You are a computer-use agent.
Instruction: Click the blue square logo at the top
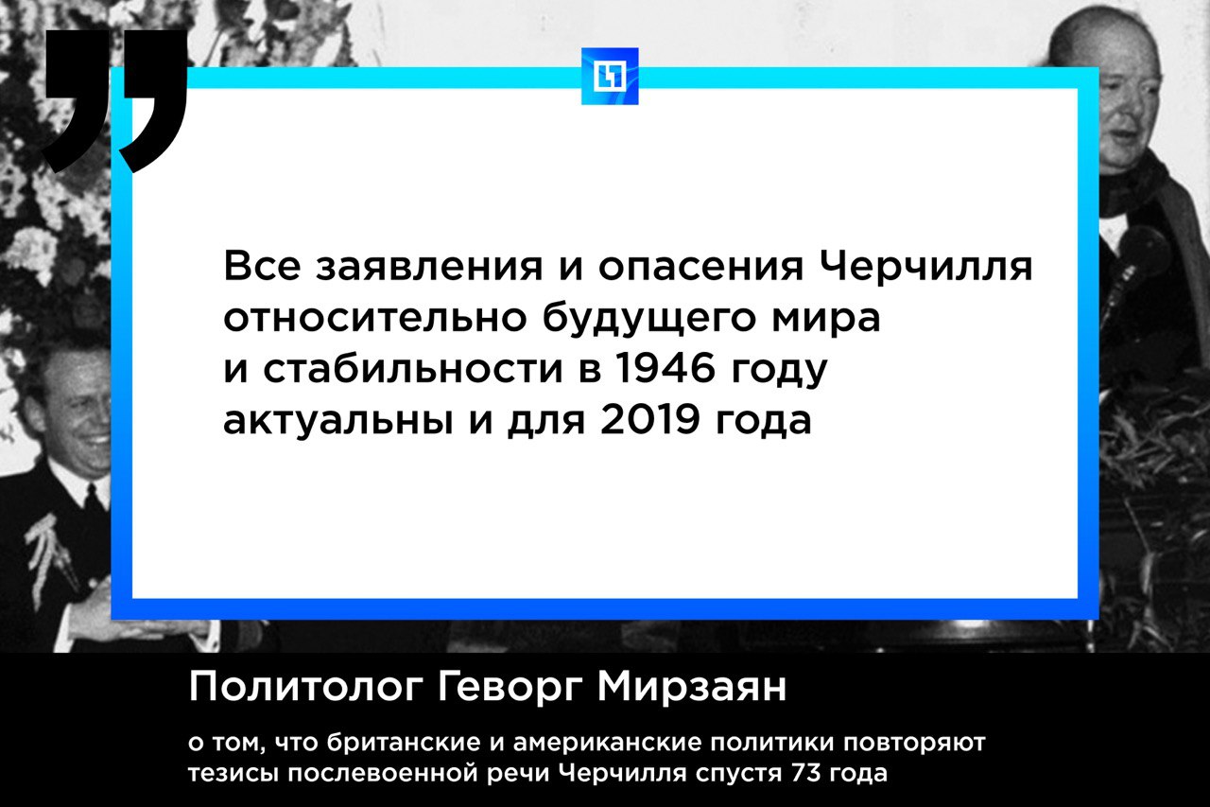click(610, 77)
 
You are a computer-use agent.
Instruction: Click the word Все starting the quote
click(262, 267)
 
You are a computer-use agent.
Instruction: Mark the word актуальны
click(338, 420)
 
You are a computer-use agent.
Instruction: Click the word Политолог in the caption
click(304, 688)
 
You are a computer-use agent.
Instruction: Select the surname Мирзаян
click(691, 688)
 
